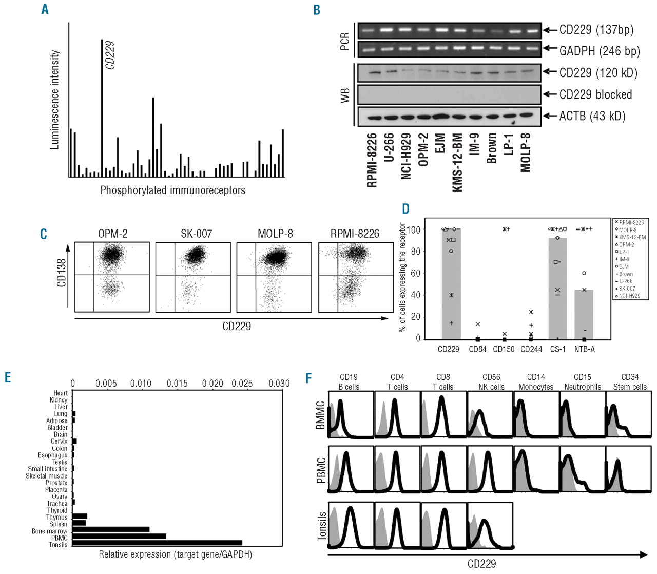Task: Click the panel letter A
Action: click(45, 9)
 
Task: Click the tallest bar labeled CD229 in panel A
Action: click(102, 108)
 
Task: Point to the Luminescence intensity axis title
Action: click(54, 100)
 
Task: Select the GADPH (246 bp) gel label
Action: click(600, 51)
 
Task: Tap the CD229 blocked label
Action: click(595, 94)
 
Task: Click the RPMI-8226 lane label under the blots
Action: click(372, 160)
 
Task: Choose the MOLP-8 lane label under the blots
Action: click(526, 152)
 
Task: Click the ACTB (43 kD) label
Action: click(592, 116)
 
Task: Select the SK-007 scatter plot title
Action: click(196, 234)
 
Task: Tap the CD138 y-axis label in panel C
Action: click(62, 273)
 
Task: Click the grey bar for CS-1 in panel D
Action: click(558, 288)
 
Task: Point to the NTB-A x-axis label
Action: click(585, 349)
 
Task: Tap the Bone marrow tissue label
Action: click(49, 531)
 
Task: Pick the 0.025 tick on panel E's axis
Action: click(242, 384)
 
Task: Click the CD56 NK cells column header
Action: click(491, 382)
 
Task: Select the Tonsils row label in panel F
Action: click(322, 526)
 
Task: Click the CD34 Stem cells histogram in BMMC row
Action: click(629, 415)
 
